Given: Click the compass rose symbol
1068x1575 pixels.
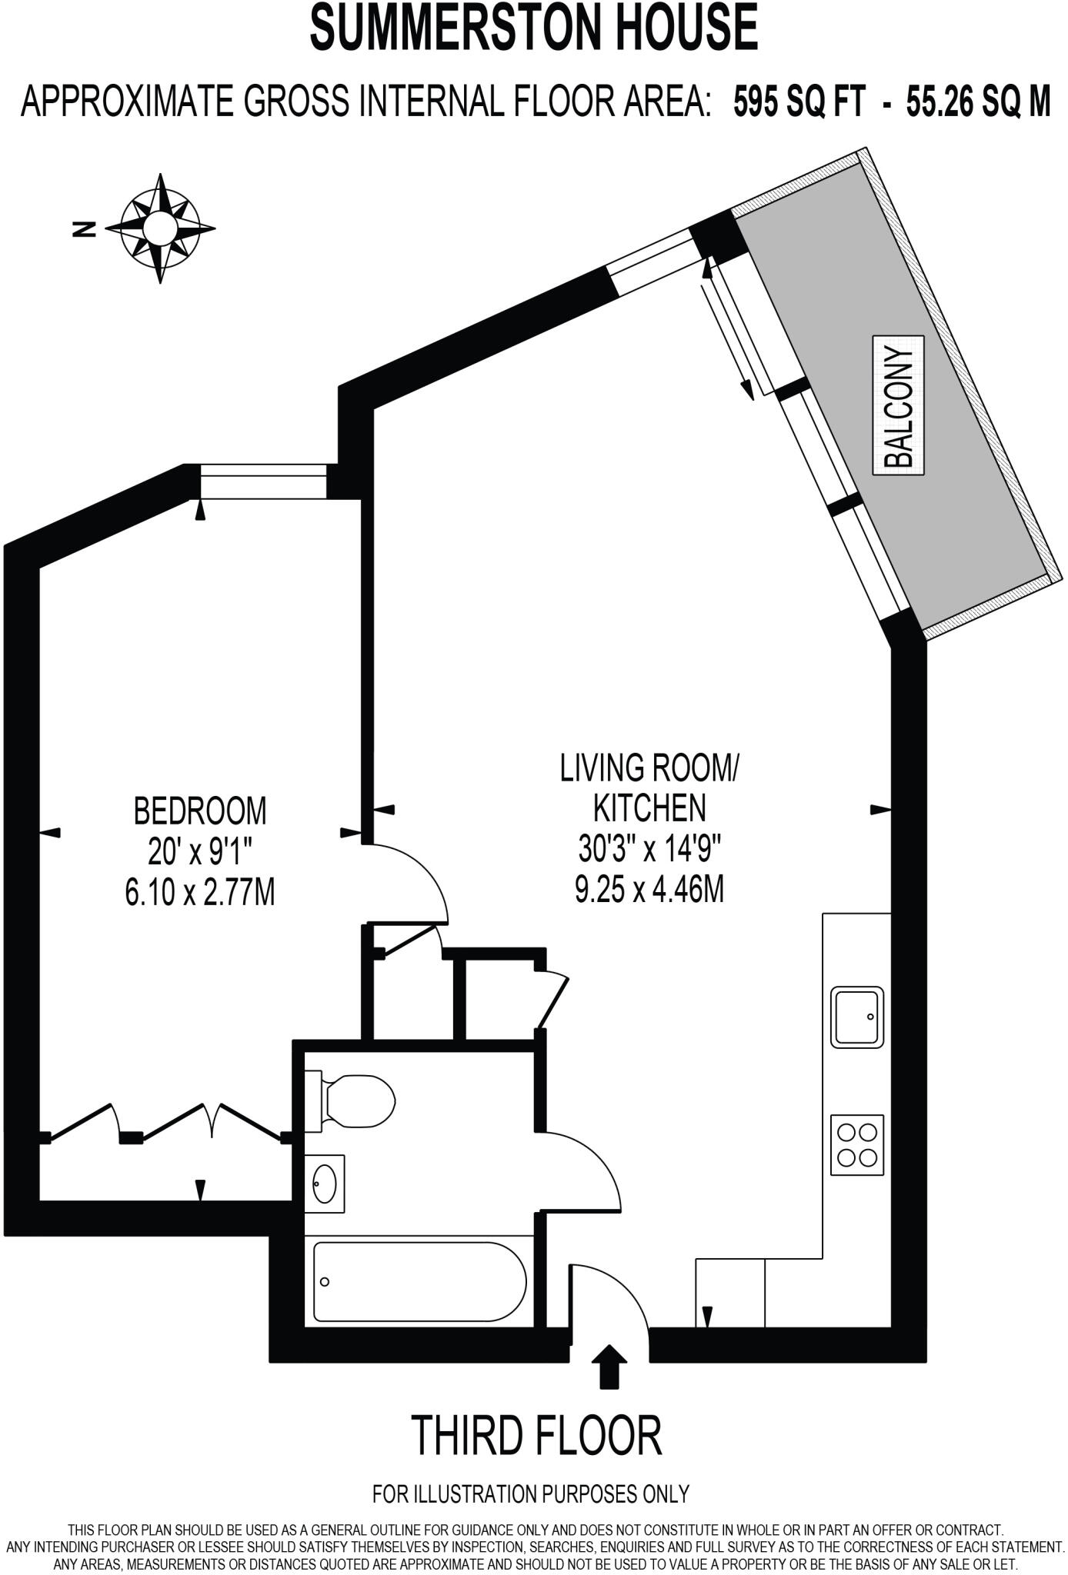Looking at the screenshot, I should (x=161, y=228).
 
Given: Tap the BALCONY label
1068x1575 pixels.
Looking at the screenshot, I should (x=898, y=405).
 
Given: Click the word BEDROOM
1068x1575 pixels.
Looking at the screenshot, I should (x=200, y=811).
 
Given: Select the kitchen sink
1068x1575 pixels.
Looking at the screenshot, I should (x=856, y=1017).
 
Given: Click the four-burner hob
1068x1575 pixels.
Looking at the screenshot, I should (x=856, y=1144).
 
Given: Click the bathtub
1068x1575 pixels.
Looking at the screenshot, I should (x=419, y=1281).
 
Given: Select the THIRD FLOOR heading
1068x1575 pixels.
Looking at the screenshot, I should (x=536, y=1435).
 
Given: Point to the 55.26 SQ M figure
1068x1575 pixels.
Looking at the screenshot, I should (x=978, y=102).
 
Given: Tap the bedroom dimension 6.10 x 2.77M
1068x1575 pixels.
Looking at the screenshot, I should (x=200, y=893).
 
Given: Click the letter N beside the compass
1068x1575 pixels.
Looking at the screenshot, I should (x=83, y=228).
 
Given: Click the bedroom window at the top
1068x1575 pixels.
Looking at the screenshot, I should (x=263, y=481).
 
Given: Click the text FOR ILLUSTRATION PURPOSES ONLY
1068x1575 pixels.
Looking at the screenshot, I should (x=531, y=1493).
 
